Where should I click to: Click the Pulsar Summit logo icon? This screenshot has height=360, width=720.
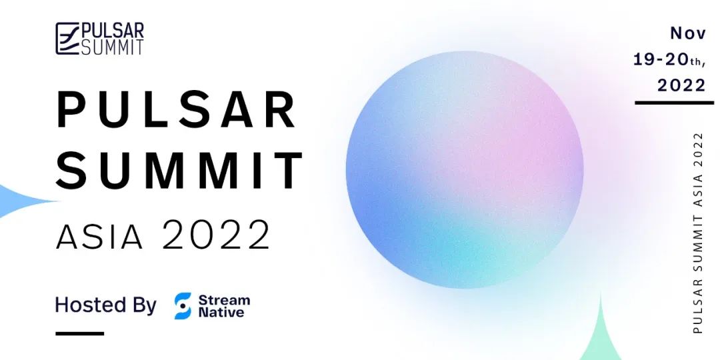tap(67, 39)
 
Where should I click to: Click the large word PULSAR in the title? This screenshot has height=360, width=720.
tap(176, 110)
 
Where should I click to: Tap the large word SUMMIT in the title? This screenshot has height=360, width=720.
tap(179, 170)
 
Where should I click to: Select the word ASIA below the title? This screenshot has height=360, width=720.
tap(99, 237)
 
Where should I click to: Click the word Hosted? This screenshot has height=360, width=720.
tap(90, 305)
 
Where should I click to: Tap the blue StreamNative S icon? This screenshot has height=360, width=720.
tap(183, 306)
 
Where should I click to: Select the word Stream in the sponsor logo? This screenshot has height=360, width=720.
tap(224, 300)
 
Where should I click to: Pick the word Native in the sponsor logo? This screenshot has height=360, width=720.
tap(221, 313)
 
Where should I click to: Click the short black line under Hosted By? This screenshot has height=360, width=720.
tap(80, 333)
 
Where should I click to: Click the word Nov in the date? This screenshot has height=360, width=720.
tap(688, 33)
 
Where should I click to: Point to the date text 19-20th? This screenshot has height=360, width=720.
tap(669, 60)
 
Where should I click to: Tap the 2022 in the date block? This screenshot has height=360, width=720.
tap(681, 85)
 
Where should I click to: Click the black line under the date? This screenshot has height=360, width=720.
tap(674, 103)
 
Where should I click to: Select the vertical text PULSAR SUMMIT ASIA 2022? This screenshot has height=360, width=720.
tap(698, 233)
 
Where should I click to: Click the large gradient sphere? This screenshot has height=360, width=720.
tap(465, 169)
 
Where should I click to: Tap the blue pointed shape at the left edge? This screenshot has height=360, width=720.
tap(25, 201)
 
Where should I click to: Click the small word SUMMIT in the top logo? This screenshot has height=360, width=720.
tap(113, 47)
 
